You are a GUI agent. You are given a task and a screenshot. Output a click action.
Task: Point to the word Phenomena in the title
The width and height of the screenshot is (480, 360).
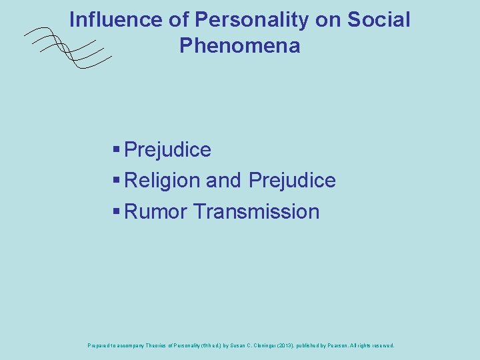pos(239,46)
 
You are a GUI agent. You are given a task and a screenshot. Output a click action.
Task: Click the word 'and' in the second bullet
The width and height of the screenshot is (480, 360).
pos(224,181)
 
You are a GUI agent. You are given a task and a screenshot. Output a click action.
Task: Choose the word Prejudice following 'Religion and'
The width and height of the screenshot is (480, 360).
pos(292,181)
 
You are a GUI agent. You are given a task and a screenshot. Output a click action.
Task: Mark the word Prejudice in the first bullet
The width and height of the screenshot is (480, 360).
pos(167,150)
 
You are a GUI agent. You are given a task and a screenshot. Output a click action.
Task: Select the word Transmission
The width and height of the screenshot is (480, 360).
pos(257,212)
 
